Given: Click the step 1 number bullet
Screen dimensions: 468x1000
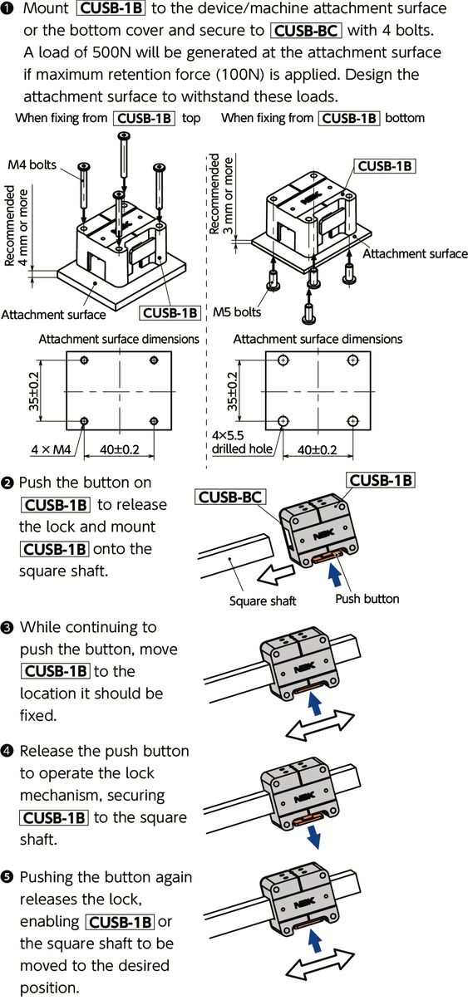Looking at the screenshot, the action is tap(10, 8).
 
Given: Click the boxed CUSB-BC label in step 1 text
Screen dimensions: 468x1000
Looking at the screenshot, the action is tap(306, 31).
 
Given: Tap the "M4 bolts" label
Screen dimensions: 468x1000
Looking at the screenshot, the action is tap(32, 164).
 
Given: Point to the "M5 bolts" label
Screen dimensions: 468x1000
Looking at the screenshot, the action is tap(237, 311).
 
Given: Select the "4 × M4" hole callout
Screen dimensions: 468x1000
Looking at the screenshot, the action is tap(51, 449).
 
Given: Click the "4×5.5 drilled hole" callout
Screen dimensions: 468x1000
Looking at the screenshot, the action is tap(242, 442).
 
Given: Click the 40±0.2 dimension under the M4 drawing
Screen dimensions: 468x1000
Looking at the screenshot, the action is tap(120, 449).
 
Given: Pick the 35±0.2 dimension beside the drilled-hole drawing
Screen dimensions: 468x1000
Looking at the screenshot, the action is tap(233, 391).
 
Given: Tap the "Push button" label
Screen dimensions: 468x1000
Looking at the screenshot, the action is tap(367, 599).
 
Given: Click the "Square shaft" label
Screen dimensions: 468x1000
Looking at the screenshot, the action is tap(263, 600).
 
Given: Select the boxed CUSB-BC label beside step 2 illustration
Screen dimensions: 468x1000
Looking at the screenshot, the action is tap(229, 497).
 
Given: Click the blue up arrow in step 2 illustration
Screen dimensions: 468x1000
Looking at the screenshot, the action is tap(334, 575).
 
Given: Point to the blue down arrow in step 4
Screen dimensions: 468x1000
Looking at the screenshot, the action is tap(313, 836).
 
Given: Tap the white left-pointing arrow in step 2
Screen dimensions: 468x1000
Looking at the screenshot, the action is tap(275, 574).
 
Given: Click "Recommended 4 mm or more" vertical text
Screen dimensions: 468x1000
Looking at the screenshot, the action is tap(16, 226).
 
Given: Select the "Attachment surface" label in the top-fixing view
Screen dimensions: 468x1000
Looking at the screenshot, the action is tap(53, 315).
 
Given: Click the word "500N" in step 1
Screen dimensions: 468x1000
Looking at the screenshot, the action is tap(112, 52).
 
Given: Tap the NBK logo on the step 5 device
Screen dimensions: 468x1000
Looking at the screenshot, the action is tap(304, 902).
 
